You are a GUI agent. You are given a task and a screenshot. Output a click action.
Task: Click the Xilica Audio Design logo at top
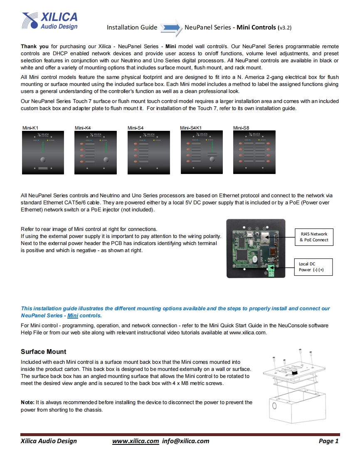pos(49,21)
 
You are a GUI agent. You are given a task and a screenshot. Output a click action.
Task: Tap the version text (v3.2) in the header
pos(284,28)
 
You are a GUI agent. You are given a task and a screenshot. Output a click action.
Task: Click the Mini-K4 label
pos(83,128)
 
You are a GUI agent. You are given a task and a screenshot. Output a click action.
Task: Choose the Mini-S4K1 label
pos(191,128)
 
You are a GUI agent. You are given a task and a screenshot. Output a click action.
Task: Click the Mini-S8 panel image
pos(254,152)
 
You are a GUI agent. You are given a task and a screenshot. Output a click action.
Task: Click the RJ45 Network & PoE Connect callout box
pos(313,237)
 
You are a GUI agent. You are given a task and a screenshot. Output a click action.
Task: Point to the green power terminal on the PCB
pos(272,270)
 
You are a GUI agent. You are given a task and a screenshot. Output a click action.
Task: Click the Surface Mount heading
pos(44,351)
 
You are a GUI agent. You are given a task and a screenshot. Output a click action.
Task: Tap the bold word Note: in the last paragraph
pos(27,402)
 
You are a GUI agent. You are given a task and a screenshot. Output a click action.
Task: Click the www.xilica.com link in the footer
pos(136,441)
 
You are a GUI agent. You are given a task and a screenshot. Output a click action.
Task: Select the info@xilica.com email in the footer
pos(186,441)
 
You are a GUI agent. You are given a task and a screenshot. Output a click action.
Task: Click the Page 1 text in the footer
pos(328,441)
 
